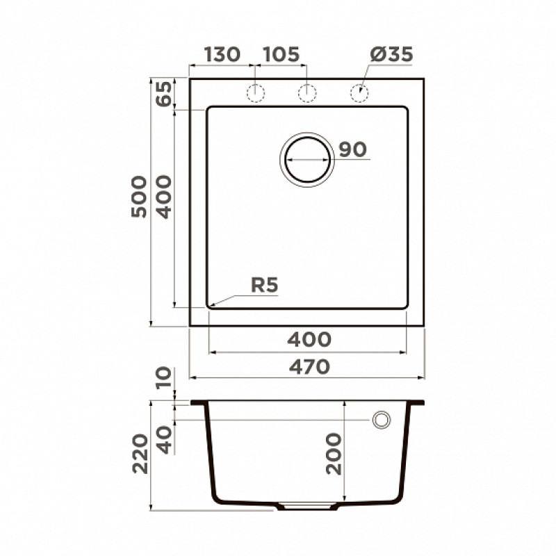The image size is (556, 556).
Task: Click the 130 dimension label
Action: click(x=222, y=54)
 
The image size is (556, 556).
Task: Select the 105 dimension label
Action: click(x=281, y=54)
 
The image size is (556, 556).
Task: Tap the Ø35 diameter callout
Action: click(x=391, y=54)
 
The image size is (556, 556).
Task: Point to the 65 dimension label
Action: click(x=164, y=94)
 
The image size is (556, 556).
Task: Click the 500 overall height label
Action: click(x=138, y=197)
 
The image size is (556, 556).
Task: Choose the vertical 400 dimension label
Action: click(x=164, y=197)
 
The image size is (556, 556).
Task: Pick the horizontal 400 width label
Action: click(x=309, y=339)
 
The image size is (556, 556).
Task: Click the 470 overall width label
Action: click(x=309, y=367)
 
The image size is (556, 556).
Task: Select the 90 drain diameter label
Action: click(x=353, y=149)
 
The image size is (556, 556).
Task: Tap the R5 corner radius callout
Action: click(x=265, y=285)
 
